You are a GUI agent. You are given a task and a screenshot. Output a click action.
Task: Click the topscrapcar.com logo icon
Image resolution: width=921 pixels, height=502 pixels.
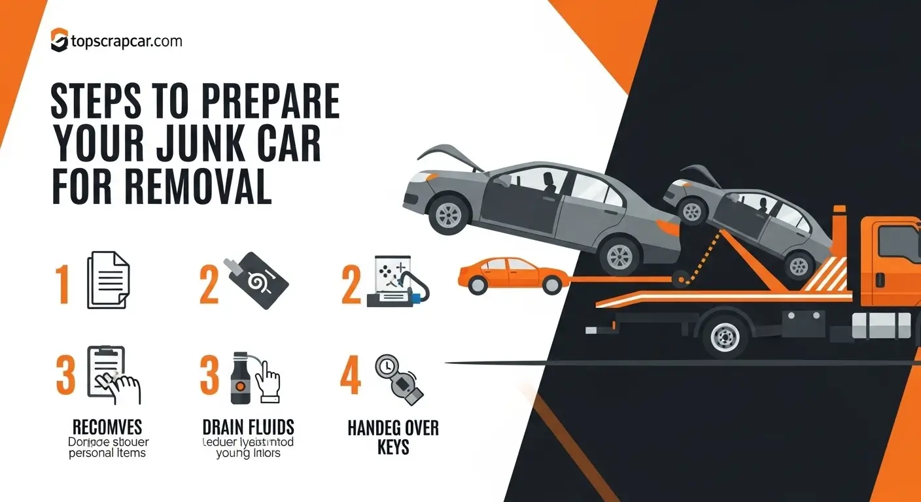click(x=59, y=41)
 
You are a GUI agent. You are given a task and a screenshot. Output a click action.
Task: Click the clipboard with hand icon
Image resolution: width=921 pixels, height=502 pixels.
click(x=113, y=376)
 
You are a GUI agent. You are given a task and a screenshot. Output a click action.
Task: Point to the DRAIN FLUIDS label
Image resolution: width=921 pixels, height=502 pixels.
click(x=249, y=429)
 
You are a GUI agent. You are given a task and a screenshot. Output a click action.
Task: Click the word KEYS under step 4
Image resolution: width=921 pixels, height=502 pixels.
click(x=392, y=448)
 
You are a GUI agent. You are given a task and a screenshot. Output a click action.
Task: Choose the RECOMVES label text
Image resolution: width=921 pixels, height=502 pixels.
click(x=107, y=429)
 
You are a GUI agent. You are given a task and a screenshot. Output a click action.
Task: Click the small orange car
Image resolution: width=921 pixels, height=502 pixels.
click(x=510, y=274)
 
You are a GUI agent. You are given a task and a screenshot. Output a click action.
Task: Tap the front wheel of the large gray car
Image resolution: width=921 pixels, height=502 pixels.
click(x=449, y=214)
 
